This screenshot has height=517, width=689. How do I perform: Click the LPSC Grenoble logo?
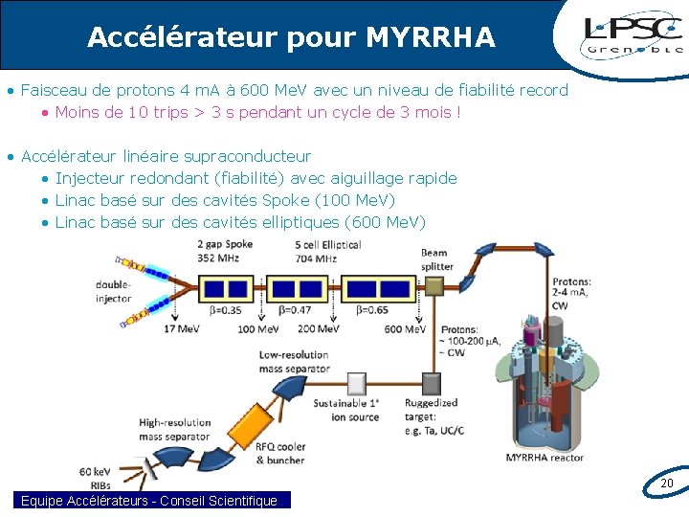633,36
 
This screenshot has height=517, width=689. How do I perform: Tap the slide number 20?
667,484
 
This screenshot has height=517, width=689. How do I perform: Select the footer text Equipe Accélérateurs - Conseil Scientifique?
149,501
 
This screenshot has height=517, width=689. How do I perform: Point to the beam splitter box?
433,286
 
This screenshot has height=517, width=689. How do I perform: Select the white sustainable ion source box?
356,383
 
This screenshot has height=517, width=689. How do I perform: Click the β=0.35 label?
225,310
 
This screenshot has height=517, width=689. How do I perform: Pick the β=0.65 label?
372,310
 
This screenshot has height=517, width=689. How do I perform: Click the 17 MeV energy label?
181,329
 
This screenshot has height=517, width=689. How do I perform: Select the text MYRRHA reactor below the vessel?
545,458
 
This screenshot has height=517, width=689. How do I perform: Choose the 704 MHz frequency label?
316,258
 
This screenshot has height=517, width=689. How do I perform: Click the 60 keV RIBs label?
95,479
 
